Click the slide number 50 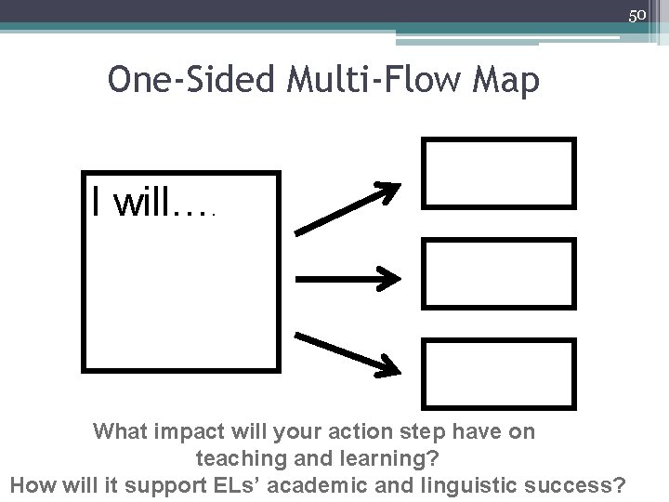tap(636, 15)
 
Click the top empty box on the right tap(498, 172)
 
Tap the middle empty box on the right tap(498, 272)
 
